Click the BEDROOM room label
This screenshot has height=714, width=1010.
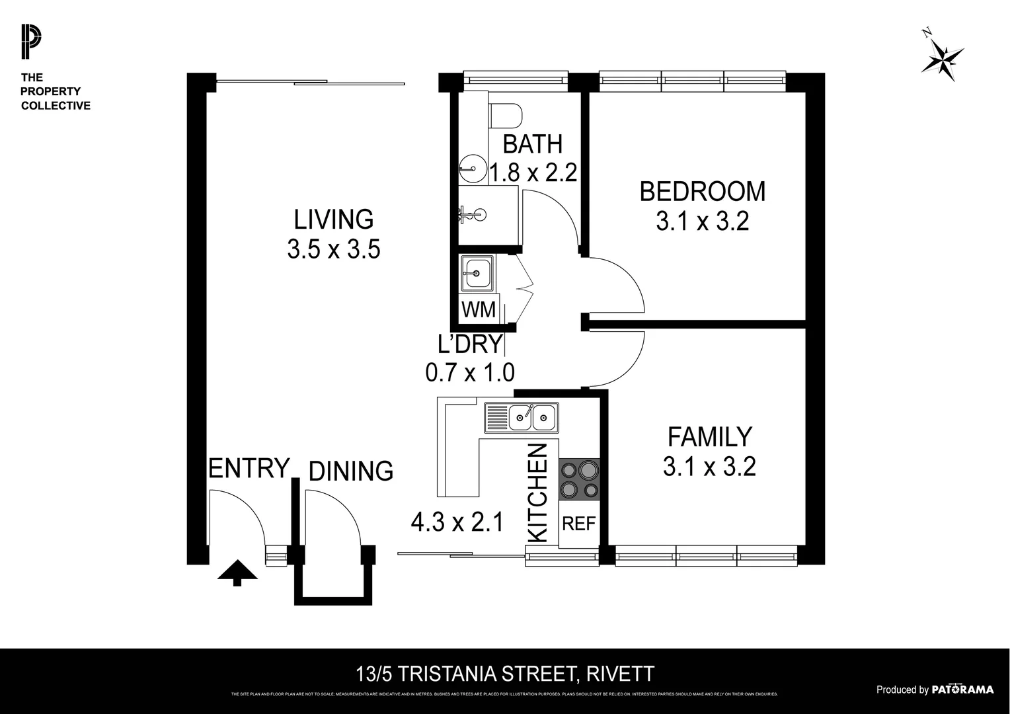point(702,192)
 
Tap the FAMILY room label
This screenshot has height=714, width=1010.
point(709,437)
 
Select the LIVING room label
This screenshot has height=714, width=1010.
point(334,219)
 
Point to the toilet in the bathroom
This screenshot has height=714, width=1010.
point(505,116)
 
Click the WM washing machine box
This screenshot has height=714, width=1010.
point(478,309)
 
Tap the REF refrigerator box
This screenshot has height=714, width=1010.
point(578,524)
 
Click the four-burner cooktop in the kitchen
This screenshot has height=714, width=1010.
point(580,479)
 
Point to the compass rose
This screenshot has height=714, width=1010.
point(943,59)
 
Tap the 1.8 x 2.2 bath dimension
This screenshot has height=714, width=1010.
point(533,173)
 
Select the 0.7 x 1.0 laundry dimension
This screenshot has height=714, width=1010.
point(469,373)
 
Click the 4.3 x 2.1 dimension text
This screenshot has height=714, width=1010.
point(457,523)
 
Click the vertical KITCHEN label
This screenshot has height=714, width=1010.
point(539,493)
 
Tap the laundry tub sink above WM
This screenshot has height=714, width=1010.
point(475,273)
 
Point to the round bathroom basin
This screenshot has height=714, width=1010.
point(471,168)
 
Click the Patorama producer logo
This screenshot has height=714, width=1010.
point(962,690)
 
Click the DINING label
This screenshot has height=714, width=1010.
point(351,471)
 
